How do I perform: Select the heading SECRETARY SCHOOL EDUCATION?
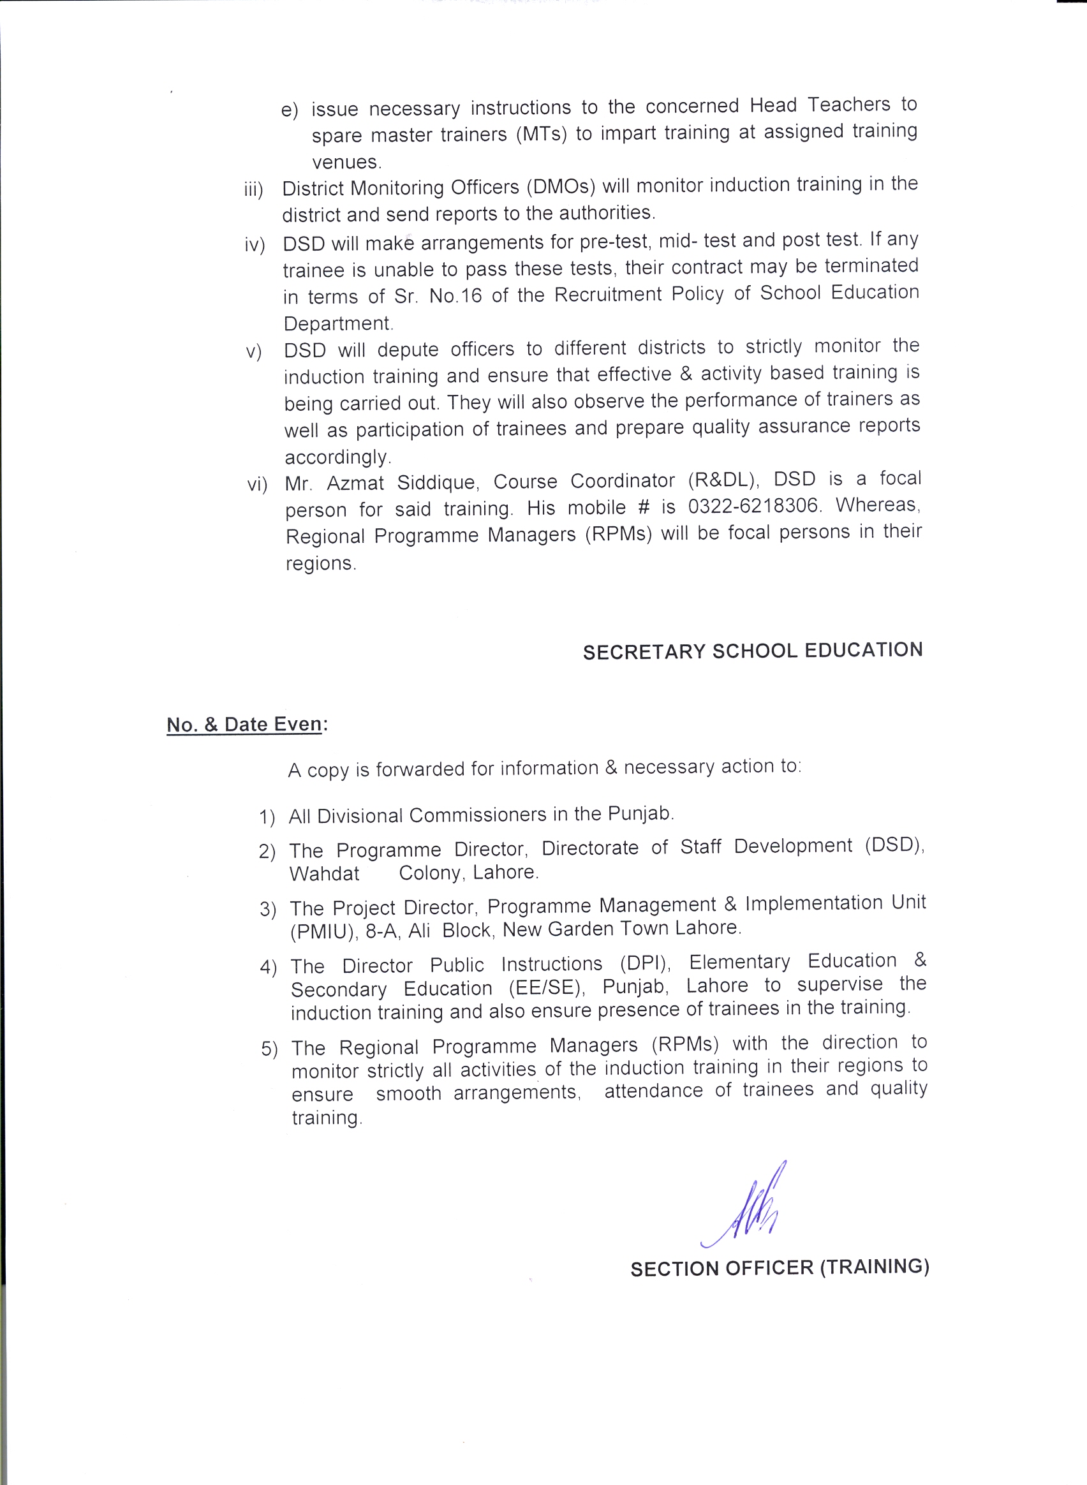(752, 651)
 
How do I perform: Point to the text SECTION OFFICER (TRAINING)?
(779, 1268)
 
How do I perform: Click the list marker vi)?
(256, 485)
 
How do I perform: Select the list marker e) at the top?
(290, 110)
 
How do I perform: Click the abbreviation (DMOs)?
(561, 186)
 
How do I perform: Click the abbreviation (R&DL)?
(724, 480)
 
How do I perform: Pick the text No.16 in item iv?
(455, 296)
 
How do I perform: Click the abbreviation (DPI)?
(646, 963)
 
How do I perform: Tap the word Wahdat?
(325, 874)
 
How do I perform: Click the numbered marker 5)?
(269, 1049)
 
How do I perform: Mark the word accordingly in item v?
(337, 457)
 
